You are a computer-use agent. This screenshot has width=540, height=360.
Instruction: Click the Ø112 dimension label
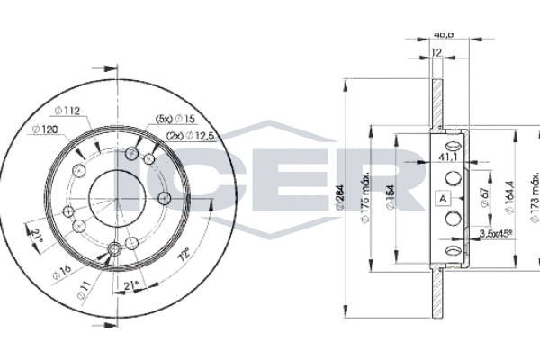[68, 111]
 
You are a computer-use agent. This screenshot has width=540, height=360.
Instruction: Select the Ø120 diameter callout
[47, 130]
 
